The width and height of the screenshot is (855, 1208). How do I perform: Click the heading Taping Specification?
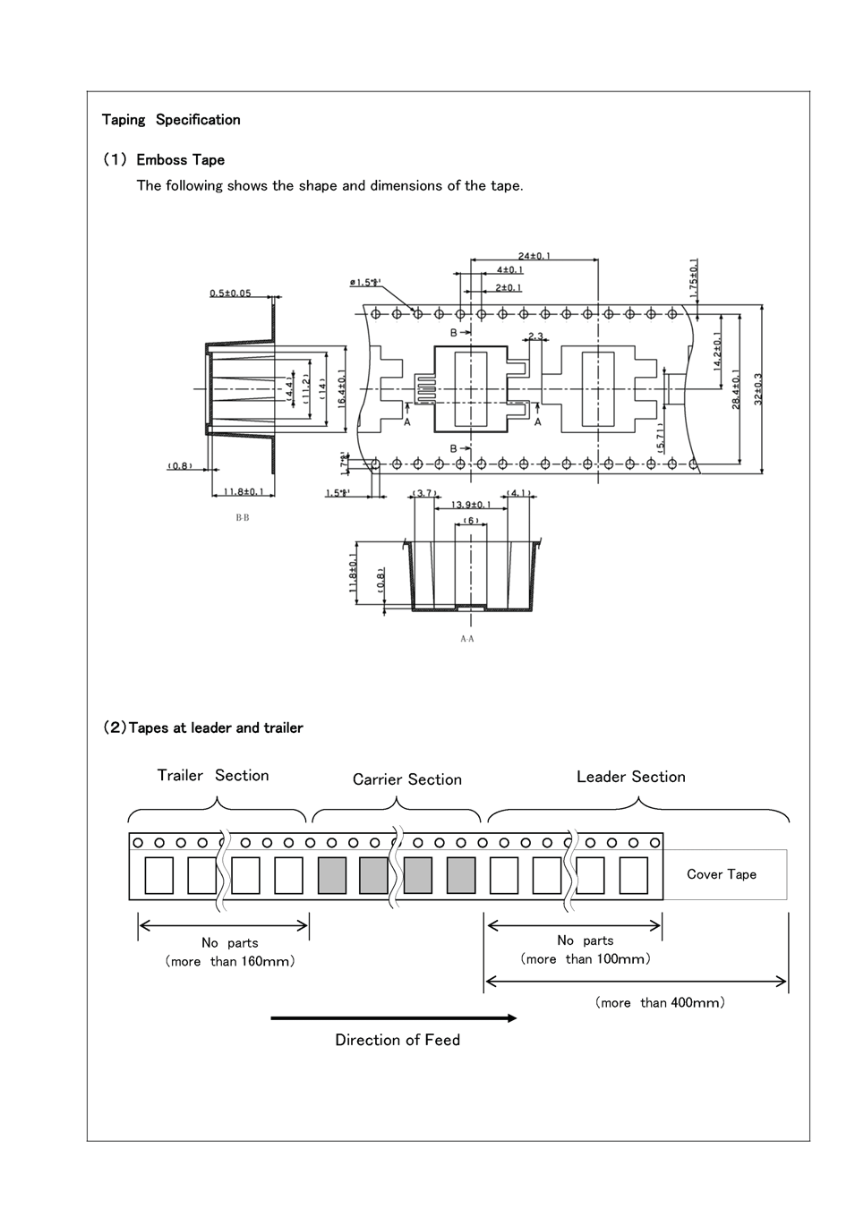pyautogui.click(x=171, y=120)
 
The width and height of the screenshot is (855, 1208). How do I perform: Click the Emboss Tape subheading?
pyautogui.click(x=180, y=160)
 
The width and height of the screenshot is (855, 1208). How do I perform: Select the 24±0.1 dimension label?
pyautogui.click(x=534, y=256)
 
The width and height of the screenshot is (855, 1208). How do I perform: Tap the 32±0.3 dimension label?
pyautogui.click(x=758, y=389)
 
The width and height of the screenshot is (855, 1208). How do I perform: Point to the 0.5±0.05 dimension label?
pyautogui.click(x=230, y=293)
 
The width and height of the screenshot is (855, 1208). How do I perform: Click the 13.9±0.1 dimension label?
pyautogui.click(x=471, y=506)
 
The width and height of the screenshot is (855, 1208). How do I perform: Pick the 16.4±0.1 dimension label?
pyautogui.click(x=342, y=390)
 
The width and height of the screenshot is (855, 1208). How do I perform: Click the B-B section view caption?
pyautogui.click(x=243, y=518)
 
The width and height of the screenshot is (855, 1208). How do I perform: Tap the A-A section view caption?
pyautogui.click(x=467, y=639)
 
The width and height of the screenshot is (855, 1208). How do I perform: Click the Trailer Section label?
pyautogui.click(x=213, y=776)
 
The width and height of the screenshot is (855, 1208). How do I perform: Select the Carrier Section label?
pyautogui.click(x=407, y=779)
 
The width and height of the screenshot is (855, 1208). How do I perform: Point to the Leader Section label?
pyautogui.click(x=631, y=777)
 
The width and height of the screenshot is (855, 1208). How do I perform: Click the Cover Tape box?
pyautogui.click(x=722, y=874)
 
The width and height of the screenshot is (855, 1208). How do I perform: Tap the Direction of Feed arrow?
pyautogui.click(x=394, y=1018)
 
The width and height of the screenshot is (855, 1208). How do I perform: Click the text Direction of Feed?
pyautogui.click(x=398, y=1040)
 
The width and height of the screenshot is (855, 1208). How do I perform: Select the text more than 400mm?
pyautogui.click(x=660, y=1003)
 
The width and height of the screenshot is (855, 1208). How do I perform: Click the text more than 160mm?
pyautogui.click(x=230, y=962)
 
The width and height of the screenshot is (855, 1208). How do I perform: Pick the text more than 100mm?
pyautogui.click(x=586, y=959)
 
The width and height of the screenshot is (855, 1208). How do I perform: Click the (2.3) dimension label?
pyautogui.click(x=535, y=336)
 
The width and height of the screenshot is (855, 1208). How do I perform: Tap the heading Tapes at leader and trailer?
pyautogui.click(x=203, y=728)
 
